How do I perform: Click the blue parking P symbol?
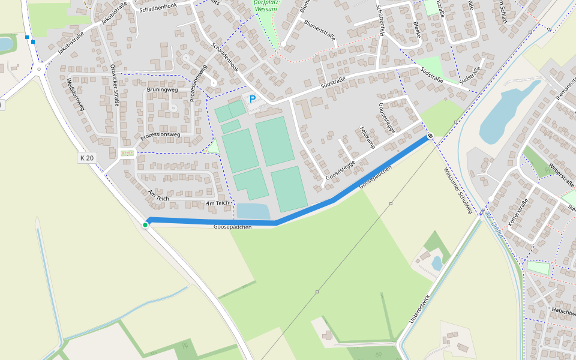pyautogui.click(x=253, y=99)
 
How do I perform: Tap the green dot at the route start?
pyautogui.click(x=145, y=225)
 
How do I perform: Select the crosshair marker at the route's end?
pyautogui.click(x=430, y=136)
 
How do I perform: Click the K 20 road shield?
pyautogui.click(x=86, y=158)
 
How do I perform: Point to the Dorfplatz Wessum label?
pyautogui.click(x=265, y=5)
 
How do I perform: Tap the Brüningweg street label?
pyautogui.click(x=162, y=90)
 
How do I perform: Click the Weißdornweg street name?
pyautogui.click(x=76, y=95)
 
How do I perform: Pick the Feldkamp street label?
pyautogui.click(x=367, y=137)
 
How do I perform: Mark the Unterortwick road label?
pyautogui.click(x=419, y=309)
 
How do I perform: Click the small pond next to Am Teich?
pyautogui.click(x=253, y=211)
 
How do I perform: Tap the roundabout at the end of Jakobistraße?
pyautogui.click(x=39, y=69)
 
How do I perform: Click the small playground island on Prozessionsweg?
pyautogui.click(x=127, y=153)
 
